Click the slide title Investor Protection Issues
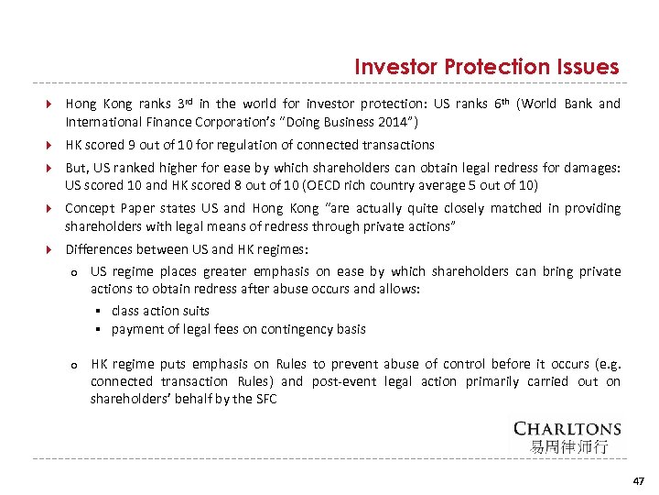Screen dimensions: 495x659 [486, 67]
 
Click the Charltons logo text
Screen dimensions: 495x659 [567, 429]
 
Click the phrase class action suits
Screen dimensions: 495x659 [160, 311]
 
